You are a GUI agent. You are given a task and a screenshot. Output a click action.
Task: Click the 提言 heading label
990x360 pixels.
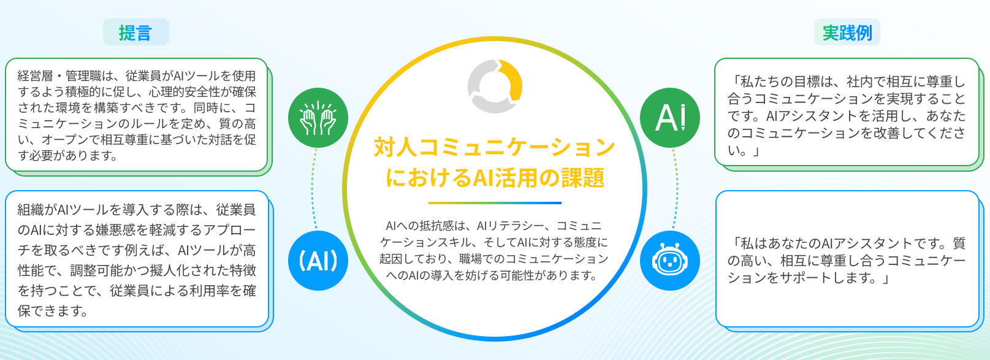tap(135, 33)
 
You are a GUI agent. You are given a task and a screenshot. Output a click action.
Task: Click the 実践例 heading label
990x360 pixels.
tap(847, 33)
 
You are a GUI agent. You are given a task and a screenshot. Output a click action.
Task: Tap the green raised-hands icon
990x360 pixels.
tap(318, 118)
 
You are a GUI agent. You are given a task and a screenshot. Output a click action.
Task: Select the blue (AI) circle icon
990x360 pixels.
tap(318, 261)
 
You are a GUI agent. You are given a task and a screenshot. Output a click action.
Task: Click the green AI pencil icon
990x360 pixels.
tap(670, 118)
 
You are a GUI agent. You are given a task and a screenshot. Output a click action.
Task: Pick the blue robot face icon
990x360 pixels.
tap(670, 261)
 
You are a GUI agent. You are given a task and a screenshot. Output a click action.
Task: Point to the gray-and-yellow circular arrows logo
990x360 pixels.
tap(495, 86)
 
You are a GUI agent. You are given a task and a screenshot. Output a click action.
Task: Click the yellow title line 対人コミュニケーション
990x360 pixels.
tap(495, 147)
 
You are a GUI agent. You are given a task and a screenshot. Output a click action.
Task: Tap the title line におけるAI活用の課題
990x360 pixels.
tap(495, 178)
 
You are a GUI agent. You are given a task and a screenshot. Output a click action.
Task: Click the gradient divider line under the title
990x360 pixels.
tap(495, 203)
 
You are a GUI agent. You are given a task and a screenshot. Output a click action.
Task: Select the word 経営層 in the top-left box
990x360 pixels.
tap(36, 75)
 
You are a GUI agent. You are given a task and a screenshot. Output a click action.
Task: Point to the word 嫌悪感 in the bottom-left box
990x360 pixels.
tap(116, 230)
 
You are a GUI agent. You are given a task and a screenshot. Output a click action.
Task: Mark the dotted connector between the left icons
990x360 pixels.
tap(313, 190)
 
